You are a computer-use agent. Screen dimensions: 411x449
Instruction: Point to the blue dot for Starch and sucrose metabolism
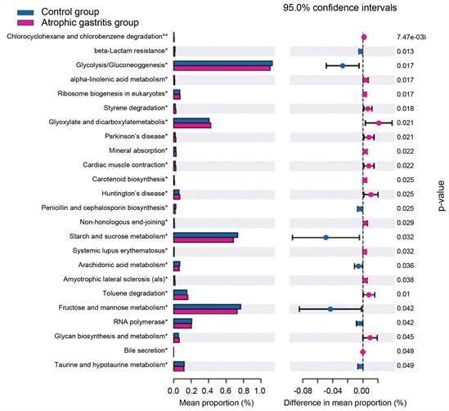pyautogui.click(x=326, y=237)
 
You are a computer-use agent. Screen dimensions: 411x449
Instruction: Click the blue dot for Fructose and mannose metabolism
pyautogui.click(x=330, y=308)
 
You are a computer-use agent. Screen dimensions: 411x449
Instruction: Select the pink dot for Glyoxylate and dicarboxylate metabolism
pyautogui.click(x=379, y=123)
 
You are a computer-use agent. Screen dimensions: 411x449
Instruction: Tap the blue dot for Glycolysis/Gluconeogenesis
pyautogui.click(x=343, y=65)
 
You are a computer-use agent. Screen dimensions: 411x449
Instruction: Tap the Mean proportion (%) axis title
pyautogui.click(x=216, y=403)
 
